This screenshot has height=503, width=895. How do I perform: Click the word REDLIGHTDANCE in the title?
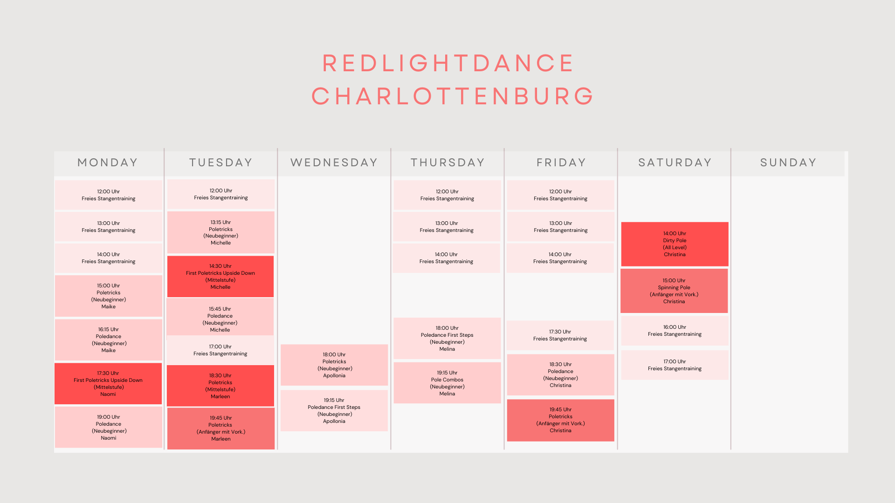(448, 63)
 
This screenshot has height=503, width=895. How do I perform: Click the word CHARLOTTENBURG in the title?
(453, 96)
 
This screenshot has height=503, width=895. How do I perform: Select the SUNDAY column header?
(788, 163)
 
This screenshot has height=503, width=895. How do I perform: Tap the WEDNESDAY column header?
(334, 163)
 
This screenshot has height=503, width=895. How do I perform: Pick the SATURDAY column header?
(675, 163)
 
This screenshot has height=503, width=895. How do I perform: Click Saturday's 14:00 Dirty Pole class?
(675, 244)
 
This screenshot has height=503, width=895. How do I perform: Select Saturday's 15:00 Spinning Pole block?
(674, 291)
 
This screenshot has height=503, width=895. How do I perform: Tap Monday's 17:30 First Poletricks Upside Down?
(108, 384)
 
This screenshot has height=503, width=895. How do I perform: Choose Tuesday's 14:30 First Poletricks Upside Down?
(220, 277)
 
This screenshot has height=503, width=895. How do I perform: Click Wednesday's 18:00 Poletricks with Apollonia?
(334, 365)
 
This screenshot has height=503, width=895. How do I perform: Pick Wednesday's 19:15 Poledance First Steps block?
(334, 411)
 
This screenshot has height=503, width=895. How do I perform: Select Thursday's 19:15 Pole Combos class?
(447, 383)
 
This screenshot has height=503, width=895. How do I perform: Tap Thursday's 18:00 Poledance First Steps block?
(447, 339)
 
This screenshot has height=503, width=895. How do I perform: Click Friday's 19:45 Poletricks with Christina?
(560, 420)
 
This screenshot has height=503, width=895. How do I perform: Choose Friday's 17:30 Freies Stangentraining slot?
(560, 335)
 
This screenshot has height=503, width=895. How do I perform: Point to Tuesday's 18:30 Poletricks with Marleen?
(220, 386)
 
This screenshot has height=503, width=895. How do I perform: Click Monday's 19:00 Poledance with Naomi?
(109, 428)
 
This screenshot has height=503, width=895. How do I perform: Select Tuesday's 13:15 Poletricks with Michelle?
(221, 232)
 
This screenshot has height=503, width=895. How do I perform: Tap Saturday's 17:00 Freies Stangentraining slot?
(675, 365)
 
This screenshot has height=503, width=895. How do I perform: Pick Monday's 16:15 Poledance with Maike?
(109, 340)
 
